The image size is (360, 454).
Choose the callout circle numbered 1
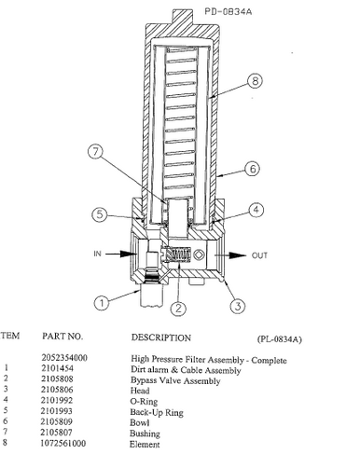101,302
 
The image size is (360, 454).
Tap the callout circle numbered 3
238,304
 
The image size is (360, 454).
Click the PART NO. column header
63,336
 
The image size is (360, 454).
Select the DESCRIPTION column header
161,337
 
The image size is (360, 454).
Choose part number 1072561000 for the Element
71,445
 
